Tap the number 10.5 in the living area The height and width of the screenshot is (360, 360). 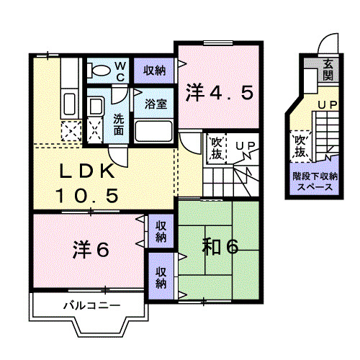pyautogui.click(x=86, y=194)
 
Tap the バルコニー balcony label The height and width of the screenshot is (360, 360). pyautogui.click(x=90, y=306)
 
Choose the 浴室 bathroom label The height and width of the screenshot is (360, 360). pyautogui.click(x=155, y=103)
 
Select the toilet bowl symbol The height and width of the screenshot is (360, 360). pyautogui.click(x=99, y=71)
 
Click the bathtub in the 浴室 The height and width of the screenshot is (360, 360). pyautogui.click(x=153, y=131)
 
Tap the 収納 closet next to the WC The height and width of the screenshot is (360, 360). pyautogui.click(x=153, y=71)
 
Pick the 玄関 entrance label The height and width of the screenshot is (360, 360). pyautogui.click(x=328, y=69)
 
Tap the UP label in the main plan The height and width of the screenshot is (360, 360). pyautogui.click(x=245, y=146)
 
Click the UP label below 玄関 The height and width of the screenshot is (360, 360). pyautogui.click(x=328, y=106)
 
